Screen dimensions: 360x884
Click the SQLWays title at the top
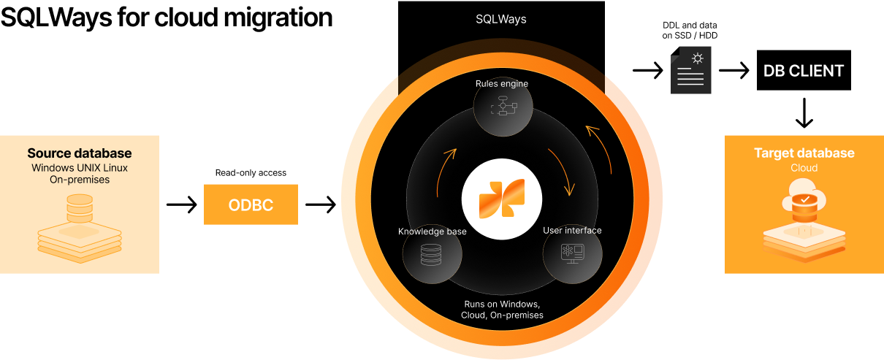coord(501,19)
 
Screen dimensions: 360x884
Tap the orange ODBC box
coord(251,204)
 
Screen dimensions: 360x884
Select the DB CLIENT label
coord(804,71)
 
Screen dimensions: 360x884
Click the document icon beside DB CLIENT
coord(690,70)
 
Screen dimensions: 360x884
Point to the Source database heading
coord(80,153)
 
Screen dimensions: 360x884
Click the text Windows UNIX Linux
coord(80,167)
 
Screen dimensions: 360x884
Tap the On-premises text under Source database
coord(80,180)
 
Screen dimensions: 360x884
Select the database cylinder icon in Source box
coord(80,209)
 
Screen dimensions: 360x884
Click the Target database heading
coord(804,153)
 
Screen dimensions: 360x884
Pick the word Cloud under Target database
coord(804,168)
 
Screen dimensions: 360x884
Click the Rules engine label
coord(502,83)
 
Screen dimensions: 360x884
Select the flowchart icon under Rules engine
coord(502,107)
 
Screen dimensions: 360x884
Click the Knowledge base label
coord(433,231)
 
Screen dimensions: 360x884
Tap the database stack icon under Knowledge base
coord(432,254)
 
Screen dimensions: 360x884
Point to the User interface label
coord(572,231)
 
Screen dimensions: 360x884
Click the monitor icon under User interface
coord(572,253)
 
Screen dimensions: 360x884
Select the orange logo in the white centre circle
coord(502,198)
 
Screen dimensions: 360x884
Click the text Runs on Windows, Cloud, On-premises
coord(502,310)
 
